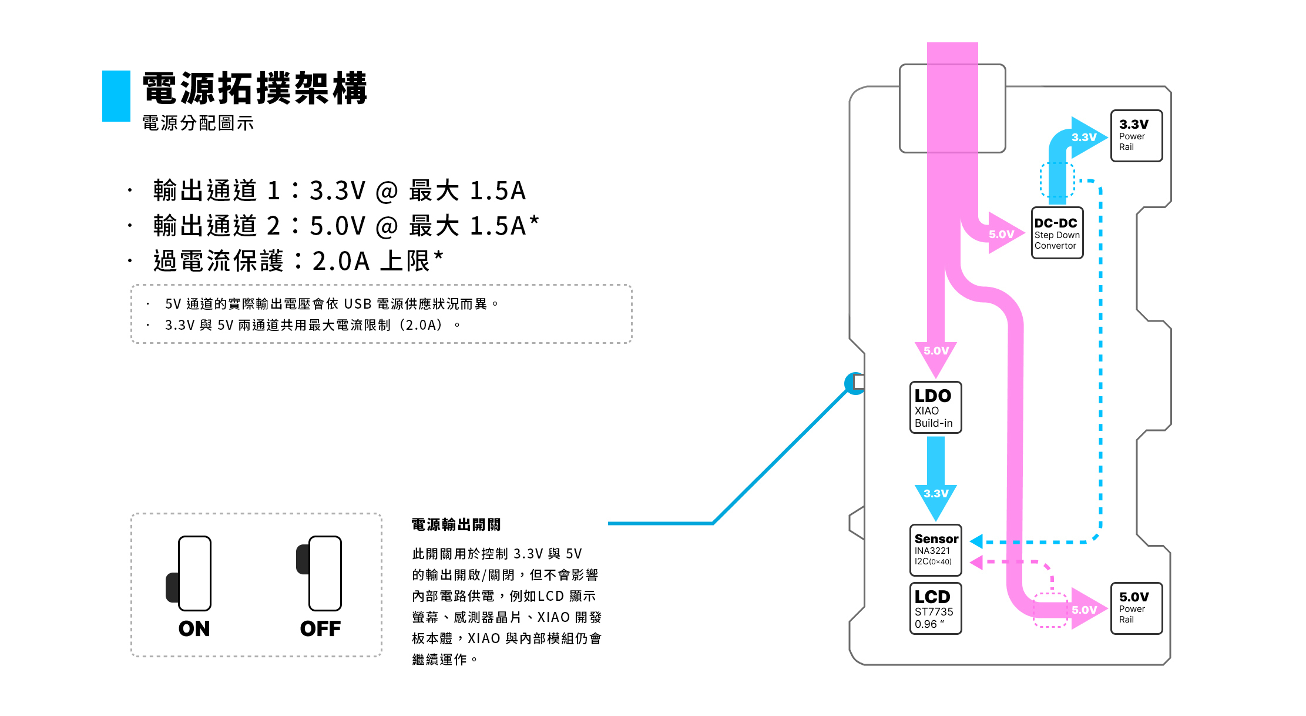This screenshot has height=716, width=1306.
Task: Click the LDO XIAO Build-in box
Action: click(x=935, y=407)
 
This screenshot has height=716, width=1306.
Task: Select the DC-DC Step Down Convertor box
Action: click(x=1057, y=233)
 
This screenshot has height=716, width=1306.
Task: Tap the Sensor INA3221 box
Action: click(x=935, y=550)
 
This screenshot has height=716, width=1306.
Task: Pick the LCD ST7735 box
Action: click(x=935, y=608)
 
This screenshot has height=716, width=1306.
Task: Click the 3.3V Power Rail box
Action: click(x=1136, y=136)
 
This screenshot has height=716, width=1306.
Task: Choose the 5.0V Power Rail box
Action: click(x=1136, y=608)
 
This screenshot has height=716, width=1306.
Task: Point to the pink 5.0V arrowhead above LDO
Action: click(x=936, y=356)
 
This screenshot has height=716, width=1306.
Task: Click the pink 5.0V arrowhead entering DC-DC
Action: click(x=1003, y=233)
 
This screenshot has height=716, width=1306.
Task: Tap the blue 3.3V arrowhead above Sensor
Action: click(x=936, y=498)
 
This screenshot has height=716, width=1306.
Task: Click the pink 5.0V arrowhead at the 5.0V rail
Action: click(x=1086, y=610)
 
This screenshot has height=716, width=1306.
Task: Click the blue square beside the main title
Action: click(x=116, y=96)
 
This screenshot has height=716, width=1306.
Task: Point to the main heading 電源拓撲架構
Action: click(x=255, y=89)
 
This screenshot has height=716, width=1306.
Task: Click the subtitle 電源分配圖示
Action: click(x=198, y=123)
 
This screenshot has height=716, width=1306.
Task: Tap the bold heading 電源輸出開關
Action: click(x=456, y=525)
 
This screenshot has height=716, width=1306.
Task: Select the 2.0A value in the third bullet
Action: click(x=341, y=261)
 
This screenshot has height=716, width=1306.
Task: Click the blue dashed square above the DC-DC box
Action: click(x=1057, y=180)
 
